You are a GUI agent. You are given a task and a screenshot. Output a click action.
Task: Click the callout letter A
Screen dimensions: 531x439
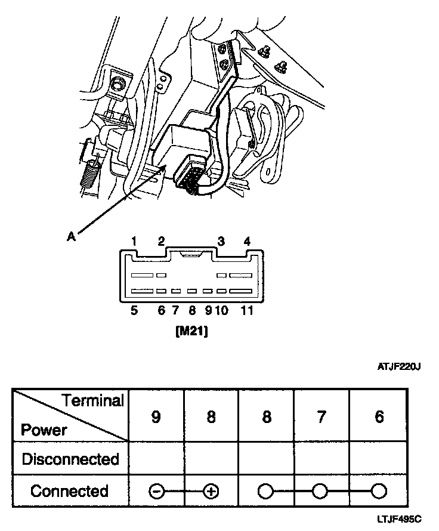pos(71,236)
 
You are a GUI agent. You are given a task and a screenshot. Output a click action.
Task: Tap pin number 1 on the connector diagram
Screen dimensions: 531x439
pos(135,242)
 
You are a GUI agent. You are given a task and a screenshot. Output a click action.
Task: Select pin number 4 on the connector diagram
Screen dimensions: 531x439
pos(247,242)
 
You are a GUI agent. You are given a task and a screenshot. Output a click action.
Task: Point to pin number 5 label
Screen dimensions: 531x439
pos(134,311)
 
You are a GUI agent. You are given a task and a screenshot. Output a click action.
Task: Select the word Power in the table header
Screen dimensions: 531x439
pos(44,430)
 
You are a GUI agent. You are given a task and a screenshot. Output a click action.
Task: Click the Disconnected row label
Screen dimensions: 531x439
pos(70,459)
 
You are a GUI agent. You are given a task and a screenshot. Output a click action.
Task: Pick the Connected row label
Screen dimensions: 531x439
pos(70,491)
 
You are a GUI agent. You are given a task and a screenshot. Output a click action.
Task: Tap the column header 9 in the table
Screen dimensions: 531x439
pos(156,416)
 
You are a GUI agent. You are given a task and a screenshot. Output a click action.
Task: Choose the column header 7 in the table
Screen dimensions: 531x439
pos(321,416)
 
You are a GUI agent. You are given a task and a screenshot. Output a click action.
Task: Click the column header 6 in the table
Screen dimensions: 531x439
pos(379,416)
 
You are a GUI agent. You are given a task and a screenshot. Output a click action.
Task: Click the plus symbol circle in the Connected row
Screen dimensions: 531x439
pos(211,492)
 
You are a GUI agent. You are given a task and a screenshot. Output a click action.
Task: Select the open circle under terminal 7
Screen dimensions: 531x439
pos(321,492)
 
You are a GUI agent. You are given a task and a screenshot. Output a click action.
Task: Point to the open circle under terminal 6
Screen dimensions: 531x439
pos(378,492)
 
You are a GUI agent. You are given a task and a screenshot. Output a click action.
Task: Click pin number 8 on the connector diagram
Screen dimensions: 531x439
pos(192,311)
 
